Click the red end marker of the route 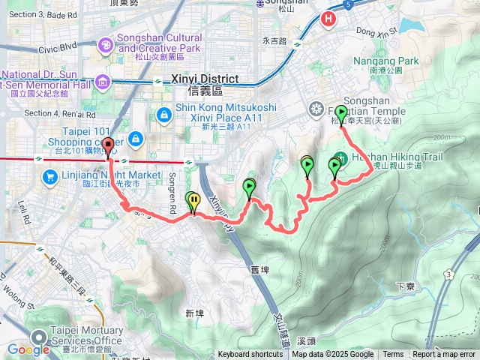click(108, 146)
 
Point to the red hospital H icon click(328, 19)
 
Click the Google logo click(28, 349)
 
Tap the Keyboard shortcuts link click(250, 355)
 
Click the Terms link click(393, 355)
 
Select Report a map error click(444, 355)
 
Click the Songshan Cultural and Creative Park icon click(106, 46)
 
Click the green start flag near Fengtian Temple click(341, 114)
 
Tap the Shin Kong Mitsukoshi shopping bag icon click(163, 114)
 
